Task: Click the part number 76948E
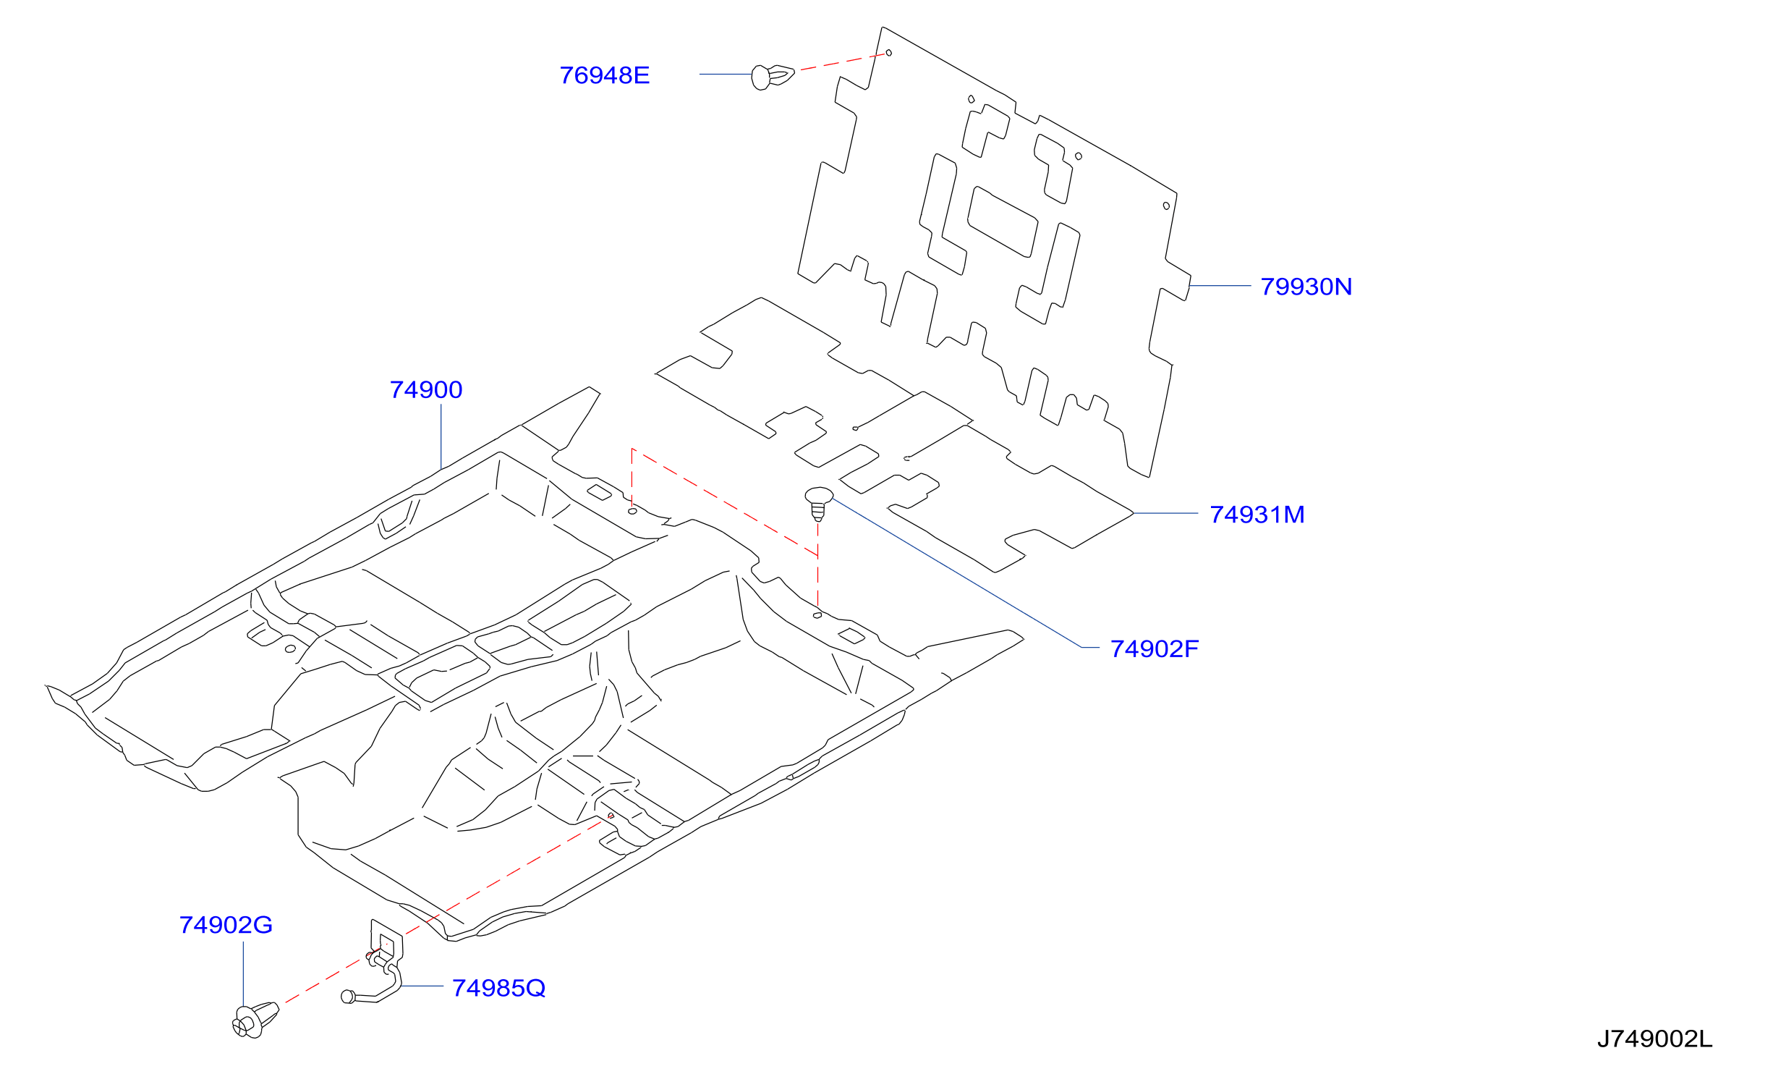(x=604, y=75)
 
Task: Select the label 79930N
(x=1306, y=287)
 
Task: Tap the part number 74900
(x=426, y=390)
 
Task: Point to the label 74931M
(x=1257, y=515)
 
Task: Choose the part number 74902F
(x=1155, y=649)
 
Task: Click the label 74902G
(x=226, y=925)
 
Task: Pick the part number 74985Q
(x=498, y=988)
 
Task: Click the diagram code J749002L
(x=1655, y=1039)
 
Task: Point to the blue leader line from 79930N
(x=1220, y=286)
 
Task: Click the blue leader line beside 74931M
(x=1165, y=513)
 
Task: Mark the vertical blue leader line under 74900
(x=441, y=436)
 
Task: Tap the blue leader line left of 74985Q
(x=422, y=986)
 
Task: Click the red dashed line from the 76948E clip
(x=843, y=62)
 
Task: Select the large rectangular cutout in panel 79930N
(x=1003, y=222)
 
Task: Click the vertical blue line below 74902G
(x=243, y=974)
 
